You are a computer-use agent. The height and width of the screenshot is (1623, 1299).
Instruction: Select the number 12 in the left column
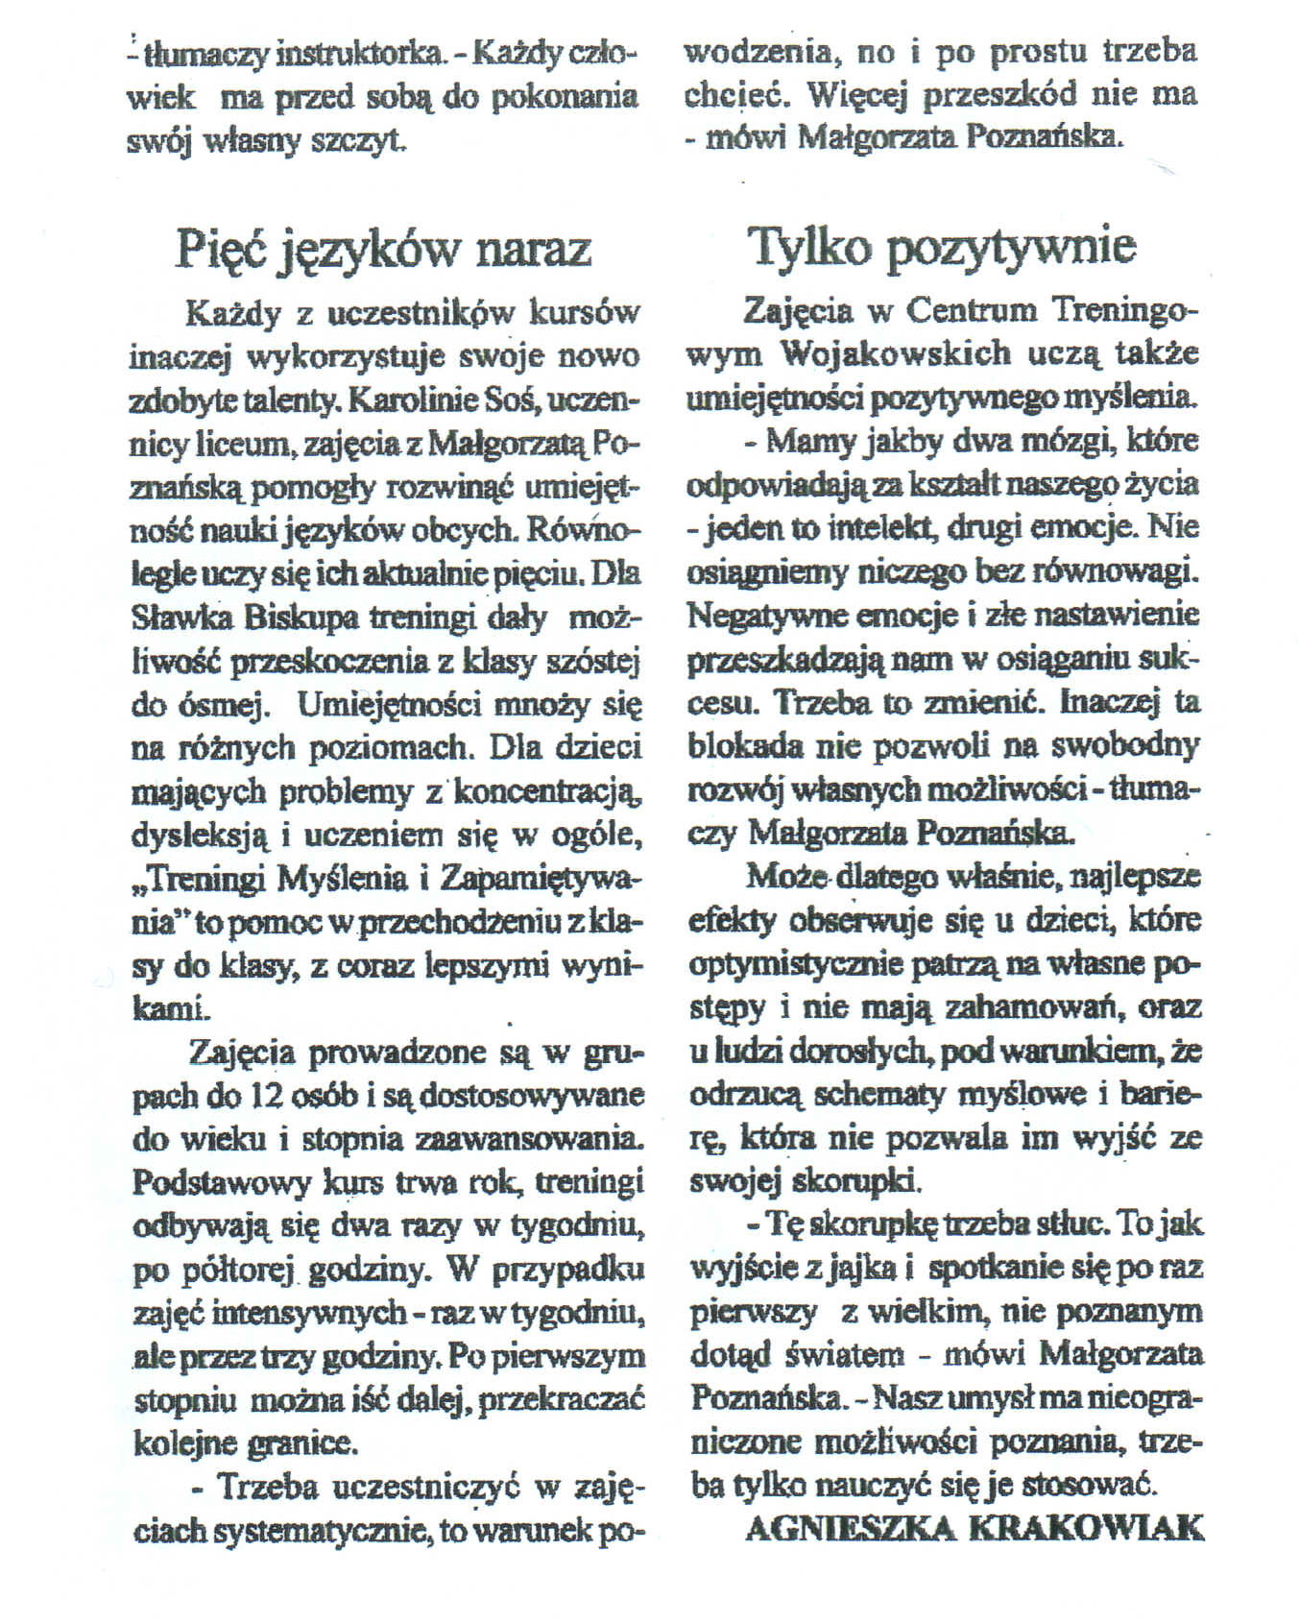point(270,1095)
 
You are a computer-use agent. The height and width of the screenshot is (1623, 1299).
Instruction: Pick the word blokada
point(744,745)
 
